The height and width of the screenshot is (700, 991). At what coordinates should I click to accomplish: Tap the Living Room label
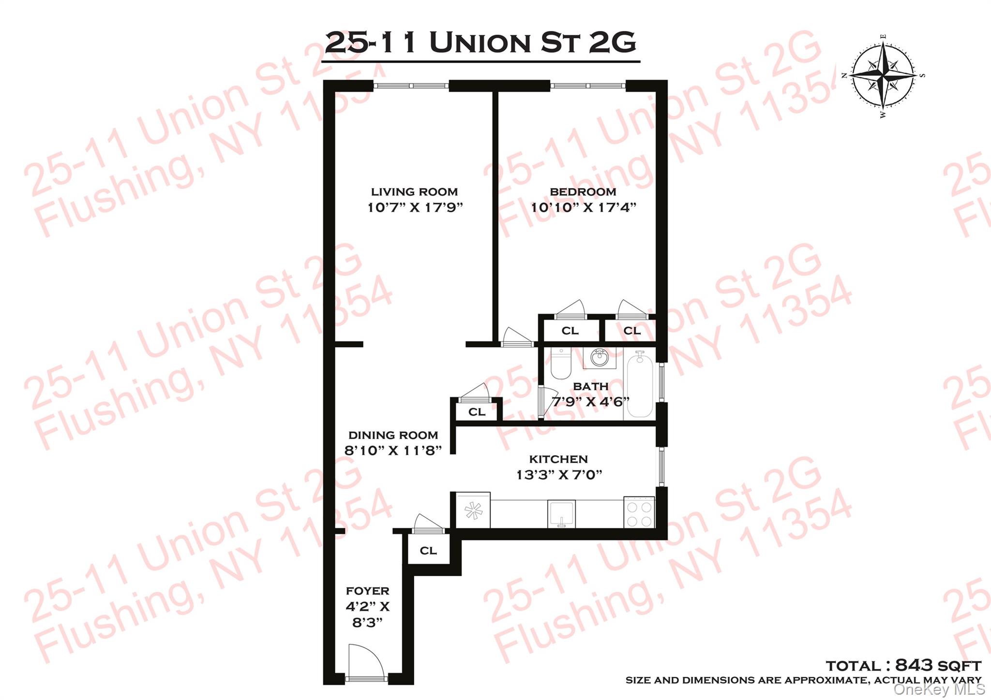pos(414,192)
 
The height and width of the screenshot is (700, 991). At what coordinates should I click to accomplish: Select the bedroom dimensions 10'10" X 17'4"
pos(583,208)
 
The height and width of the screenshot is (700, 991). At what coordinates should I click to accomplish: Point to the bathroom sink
pos(600,358)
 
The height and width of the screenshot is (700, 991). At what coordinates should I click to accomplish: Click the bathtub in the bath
pos(640,385)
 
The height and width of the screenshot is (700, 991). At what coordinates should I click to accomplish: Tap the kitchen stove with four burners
pos(639,512)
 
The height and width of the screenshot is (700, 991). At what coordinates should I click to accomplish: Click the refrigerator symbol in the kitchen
pos(473,510)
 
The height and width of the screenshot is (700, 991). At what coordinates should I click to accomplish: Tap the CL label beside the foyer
pos(428,551)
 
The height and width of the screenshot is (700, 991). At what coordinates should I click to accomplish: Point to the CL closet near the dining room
pos(477,412)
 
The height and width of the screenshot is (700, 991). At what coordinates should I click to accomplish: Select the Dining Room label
pos(393,436)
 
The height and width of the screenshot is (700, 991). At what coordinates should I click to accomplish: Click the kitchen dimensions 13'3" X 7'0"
pos(559,475)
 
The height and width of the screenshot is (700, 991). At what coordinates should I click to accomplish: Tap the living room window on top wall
pos(411,86)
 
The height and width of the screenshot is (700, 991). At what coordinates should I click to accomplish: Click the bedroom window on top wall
pos(588,86)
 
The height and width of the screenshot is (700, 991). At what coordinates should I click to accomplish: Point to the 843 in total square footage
pos(914,665)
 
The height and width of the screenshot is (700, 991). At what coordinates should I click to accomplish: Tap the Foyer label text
pos(367,591)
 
